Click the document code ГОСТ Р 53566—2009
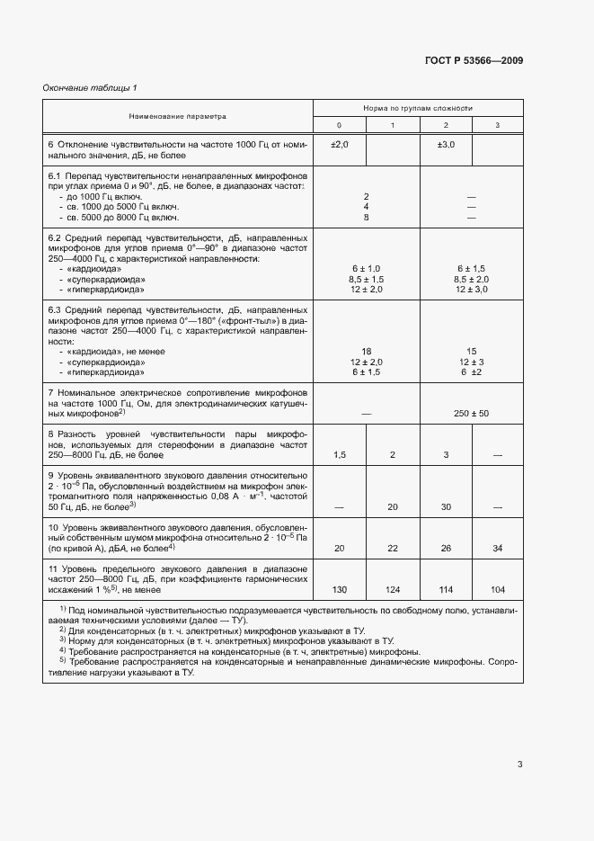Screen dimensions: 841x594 coord(473,61)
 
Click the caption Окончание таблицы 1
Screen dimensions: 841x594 coord(90,87)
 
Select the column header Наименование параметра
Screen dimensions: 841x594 coord(178,116)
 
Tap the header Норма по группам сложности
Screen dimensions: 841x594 coord(418,107)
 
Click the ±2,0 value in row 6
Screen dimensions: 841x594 coord(339,144)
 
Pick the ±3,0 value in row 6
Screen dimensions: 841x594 coord(446,144)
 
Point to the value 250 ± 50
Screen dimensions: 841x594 coord(471,413)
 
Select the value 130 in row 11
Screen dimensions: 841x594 coord(339,589)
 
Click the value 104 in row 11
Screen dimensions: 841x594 coord(498,589)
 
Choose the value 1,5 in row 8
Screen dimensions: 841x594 coord(339,455)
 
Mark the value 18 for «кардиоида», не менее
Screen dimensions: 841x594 coord(366,351)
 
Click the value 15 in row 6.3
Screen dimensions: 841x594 coord(472,351)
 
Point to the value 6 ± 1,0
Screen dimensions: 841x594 coord(366,269)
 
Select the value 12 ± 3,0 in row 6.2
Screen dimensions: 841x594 coord(472,289)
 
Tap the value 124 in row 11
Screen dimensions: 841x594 coord(392,589)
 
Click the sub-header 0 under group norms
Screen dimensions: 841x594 coord(339,124)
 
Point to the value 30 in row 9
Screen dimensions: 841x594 coord(446,507)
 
